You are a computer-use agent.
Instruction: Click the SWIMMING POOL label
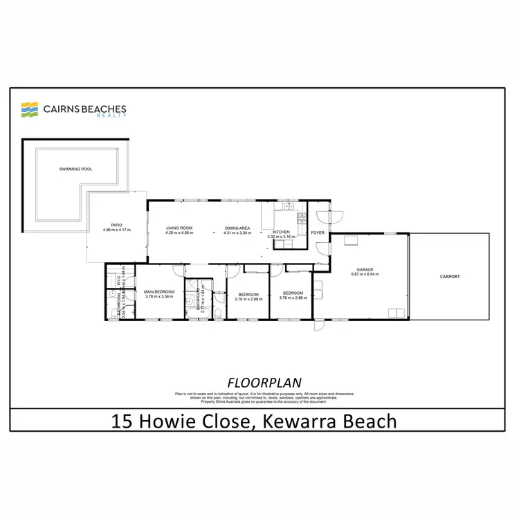[x=75, y=169]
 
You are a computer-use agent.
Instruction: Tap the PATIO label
[x=116, y=224]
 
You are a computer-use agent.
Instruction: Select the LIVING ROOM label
[x=179, y=228]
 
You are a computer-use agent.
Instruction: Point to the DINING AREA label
[x=237, y=228]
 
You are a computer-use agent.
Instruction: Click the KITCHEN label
[x=282, y=232]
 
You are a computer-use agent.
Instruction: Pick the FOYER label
[x=318, y=233]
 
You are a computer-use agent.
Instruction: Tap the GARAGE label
[x=365, y=269]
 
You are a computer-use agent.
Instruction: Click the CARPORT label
[x=450, y=276]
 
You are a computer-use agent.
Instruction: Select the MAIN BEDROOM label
[x=160, y=292]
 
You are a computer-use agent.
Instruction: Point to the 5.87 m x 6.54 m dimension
[x=365, y=275]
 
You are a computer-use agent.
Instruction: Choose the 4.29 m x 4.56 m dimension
[x=179, y=233]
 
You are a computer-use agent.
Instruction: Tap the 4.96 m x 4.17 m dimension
[x=116, y=230]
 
